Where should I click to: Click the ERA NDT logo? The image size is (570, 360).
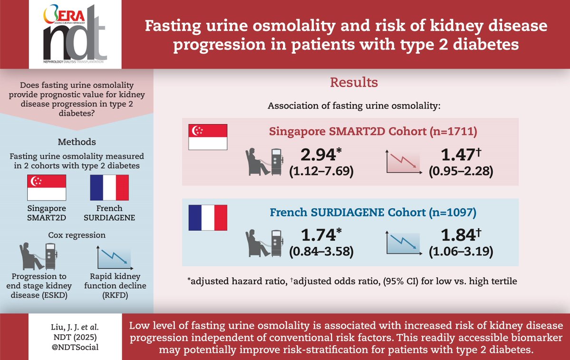[x=75, y=34]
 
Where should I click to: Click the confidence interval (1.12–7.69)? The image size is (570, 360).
[x=321, y=171]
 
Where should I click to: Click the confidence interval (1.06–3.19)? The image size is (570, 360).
[x=460, y=252]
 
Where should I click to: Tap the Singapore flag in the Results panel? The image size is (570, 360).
[x=208, y=137]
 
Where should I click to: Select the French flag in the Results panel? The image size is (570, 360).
[x=208, y=217]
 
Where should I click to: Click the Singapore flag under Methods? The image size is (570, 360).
[x=47, y=188]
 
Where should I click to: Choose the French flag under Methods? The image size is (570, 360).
[x=109, y=188]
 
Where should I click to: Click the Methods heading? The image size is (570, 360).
[x=77, y=142]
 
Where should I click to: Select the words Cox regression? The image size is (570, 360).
[x=77, y=235]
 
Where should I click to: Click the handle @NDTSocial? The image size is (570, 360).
[x=76, y=347]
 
